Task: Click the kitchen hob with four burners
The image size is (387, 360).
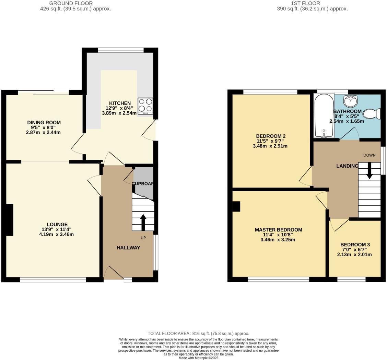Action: [145, 106]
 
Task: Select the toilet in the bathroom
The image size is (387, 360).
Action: [372, 114]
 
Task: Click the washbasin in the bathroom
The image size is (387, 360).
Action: [351, 101]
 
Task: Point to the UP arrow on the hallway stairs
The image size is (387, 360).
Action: [143, 222]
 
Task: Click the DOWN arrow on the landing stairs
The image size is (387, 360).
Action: [370, 170]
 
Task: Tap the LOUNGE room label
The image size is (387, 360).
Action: [57, 224]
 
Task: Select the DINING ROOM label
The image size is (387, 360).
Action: [44, 122]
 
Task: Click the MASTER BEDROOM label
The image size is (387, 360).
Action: [278, 230]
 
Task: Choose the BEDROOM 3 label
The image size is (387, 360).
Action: [355, 245]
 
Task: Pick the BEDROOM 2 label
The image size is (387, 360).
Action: [271, 136]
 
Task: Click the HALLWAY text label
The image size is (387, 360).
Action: [128, 248]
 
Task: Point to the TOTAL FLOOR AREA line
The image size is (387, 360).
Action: [198, 333]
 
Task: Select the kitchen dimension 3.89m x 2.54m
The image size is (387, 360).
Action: [119, 113]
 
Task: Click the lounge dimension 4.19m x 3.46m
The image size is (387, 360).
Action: [57, 234]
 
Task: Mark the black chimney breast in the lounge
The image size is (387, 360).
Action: [9, 220]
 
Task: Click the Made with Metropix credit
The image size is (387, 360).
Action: [198, 358]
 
